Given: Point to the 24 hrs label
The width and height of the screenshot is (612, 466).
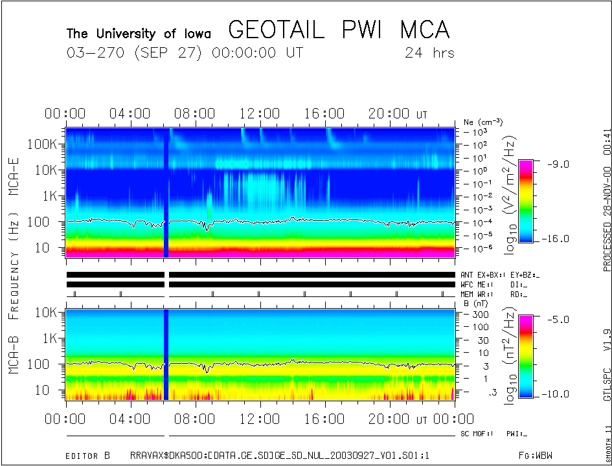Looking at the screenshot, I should (429, 52).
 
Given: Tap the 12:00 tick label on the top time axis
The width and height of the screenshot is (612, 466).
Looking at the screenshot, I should (260, 115).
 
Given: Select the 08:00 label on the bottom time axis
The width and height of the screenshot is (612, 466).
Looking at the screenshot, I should (196, 419).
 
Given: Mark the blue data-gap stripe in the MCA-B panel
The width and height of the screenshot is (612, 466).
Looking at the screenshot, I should (166, 354).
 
